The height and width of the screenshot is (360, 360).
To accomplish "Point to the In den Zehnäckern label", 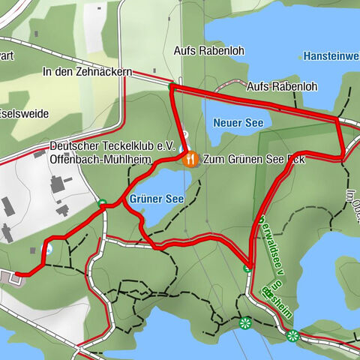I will (x=88, y=72).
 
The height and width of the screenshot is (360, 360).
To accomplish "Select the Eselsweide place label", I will (x=25, y=114).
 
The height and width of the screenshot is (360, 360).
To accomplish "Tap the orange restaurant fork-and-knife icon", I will (x=191, y=159).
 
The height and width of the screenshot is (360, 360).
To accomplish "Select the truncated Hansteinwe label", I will (x=331, y=55).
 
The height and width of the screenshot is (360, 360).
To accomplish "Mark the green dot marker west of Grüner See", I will (x=102, y=202).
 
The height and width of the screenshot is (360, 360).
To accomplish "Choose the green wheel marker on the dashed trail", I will (x=244, y=324).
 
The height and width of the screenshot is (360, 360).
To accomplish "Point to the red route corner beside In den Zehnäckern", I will (x=172, y=86).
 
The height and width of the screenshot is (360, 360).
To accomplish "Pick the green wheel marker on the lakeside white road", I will (x=292, y=335).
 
